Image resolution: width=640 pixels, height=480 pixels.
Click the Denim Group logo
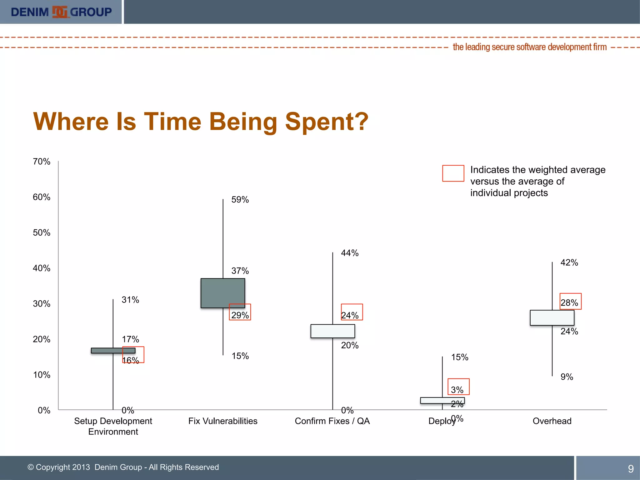(61, 12)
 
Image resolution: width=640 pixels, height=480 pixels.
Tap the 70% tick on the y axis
(42, 162)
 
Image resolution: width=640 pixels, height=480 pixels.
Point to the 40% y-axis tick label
(42, 268)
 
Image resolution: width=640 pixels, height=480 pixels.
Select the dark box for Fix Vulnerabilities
(222, 293)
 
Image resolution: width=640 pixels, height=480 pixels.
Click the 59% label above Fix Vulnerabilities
(240, 200)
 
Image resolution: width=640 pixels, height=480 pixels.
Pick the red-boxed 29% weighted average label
(240, 314)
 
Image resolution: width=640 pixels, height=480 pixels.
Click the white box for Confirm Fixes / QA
(332, 331)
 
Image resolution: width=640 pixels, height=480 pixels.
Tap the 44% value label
(350, 253)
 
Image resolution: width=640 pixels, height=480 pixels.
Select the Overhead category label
(552, 421)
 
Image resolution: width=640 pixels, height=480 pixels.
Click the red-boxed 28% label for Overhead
(569, 302)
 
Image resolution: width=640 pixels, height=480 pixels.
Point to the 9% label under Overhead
(567, 377)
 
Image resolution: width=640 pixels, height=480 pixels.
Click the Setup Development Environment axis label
(113, 426)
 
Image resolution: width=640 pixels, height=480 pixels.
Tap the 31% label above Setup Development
(130, 300)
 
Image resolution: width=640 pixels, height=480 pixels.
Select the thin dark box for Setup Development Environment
(113, 351)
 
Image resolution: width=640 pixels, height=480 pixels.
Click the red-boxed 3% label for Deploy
(457, 389)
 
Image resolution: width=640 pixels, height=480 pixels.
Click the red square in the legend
(453, 173)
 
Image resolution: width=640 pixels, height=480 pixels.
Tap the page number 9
(631, 468)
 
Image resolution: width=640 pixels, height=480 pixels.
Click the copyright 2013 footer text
(123, 467)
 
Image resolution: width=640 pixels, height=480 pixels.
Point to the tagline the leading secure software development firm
(529, 47)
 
